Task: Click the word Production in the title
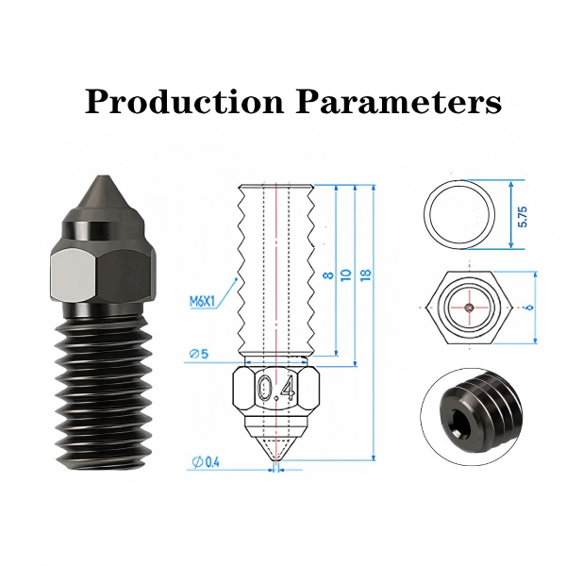(x=185, y=102)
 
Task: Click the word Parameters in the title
(x=398, y=102)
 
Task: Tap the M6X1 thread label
(x=202, y=301)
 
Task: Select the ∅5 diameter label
(x=199, y=354)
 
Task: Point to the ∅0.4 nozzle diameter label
(x=206, y=461)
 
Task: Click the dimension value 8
(x=328, y=275)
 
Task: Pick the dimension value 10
(x=346, y=275)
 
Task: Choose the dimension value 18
(x=366, y=275)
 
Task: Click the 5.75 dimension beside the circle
(x=523, y=217)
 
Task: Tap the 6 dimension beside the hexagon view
(x=530, y=308)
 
